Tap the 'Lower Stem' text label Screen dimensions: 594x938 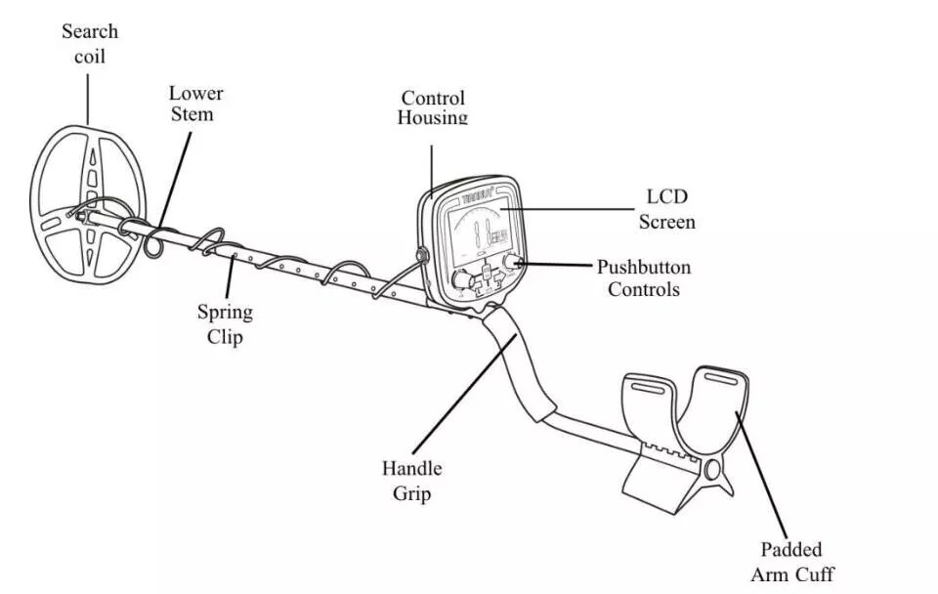click(x=195, y=104)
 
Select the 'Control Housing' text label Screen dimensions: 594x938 click(x=433, y=107)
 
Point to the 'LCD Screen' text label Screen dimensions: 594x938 click(x=667, y=209)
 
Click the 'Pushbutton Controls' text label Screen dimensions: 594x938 click(x=644, y=277)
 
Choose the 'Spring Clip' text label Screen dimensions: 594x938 click(x=225, y=324)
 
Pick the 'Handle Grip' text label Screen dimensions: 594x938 click(x=411, y=480)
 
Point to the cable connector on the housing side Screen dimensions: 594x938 click(x=423, y=256)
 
